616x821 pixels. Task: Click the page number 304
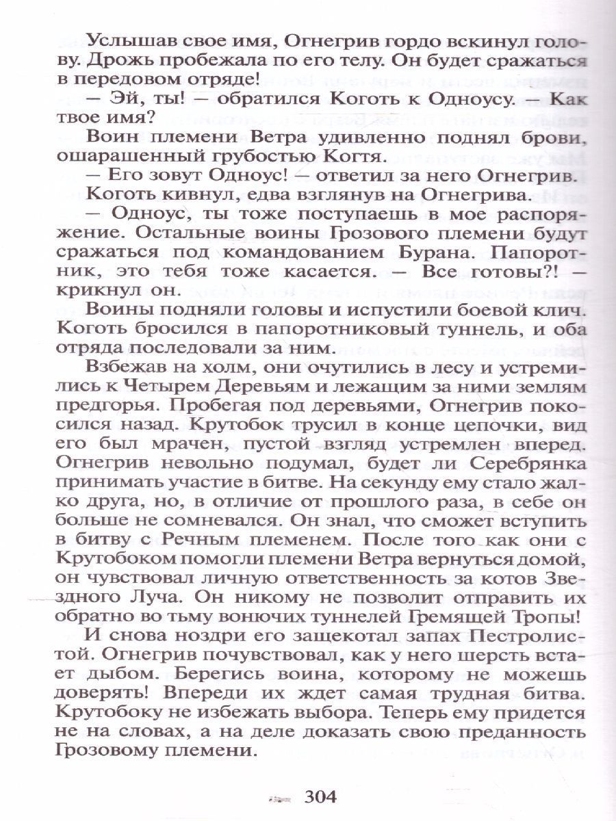coord(320,796)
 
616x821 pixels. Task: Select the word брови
coord(557,138)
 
